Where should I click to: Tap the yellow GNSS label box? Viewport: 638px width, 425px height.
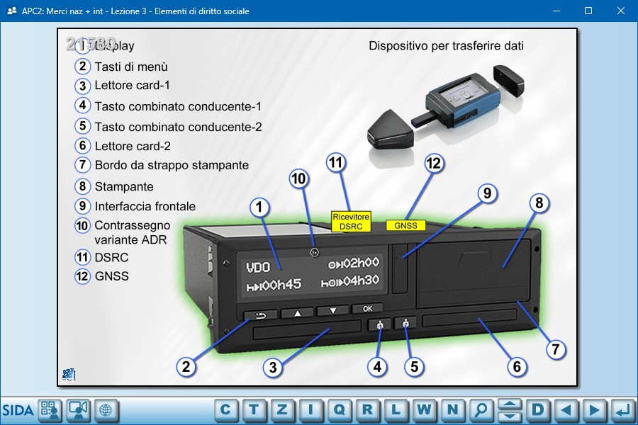click(405, 226)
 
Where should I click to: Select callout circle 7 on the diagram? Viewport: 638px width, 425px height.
click(555, 349)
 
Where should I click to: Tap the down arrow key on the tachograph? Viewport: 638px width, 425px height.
click(332, 310)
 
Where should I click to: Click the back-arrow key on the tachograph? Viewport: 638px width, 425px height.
click(259, 316)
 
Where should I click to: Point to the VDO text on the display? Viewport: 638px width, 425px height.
click(257, 268)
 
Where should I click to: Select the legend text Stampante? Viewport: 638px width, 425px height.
click(124, 187)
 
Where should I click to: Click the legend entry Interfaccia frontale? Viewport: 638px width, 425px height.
click(145, 207)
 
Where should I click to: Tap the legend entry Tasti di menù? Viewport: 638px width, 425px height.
click(131, 67)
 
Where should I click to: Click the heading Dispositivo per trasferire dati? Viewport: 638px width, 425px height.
click(446, 47)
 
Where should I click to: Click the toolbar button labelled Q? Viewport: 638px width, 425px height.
click(339, 409)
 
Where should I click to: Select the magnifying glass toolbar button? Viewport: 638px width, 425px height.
click(481, 409)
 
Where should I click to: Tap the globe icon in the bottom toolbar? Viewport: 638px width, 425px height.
click(106, 409)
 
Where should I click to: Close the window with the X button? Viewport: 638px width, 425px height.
click(621, 11)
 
